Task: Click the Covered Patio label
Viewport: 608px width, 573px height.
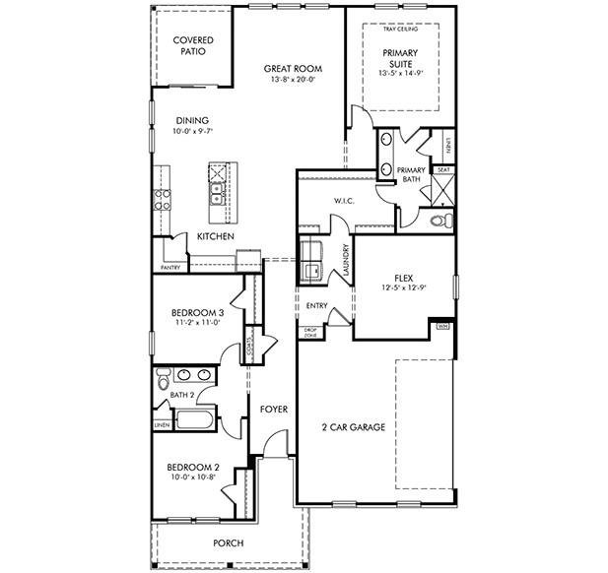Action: (193, 45)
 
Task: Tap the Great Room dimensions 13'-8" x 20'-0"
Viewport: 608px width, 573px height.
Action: (293, 80)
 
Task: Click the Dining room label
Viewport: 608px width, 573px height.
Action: (192, 121)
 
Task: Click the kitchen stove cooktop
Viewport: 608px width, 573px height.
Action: (163, 201)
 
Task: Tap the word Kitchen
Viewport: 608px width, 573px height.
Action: (215, 237)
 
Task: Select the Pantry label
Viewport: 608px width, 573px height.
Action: (170, 268)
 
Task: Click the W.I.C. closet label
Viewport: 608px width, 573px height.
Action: (343, 201)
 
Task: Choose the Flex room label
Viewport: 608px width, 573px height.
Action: (402, 277)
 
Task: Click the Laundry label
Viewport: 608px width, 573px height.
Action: (345, 260)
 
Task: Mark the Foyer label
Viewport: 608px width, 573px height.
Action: (273, 409)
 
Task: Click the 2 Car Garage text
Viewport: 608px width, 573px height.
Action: (353, 427)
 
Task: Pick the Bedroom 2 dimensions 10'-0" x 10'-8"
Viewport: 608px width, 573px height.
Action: (192, 478)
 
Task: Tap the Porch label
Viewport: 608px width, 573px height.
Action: (228, 543)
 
